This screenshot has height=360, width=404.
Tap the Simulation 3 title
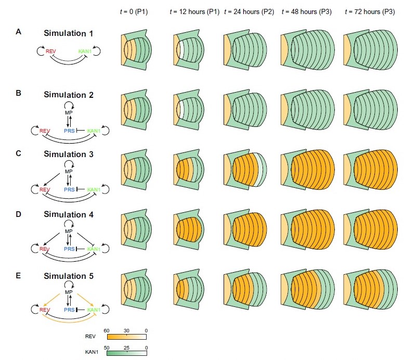tap(69, 155)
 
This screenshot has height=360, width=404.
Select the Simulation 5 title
tap(69, 275)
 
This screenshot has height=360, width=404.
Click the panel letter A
tap(18, 32)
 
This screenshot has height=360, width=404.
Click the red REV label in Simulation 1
tap(50, 52)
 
